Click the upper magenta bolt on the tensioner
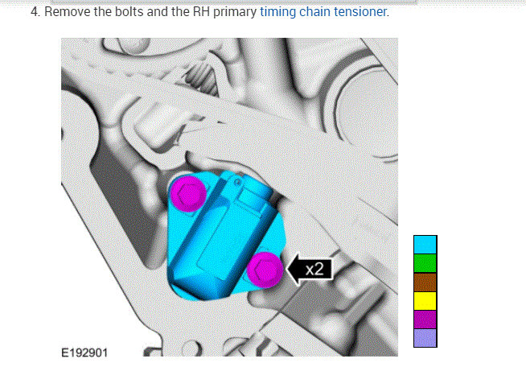pyautogui.click(x=188, y=194)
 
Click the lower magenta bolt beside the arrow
pyautogui.click(x=265, y=270)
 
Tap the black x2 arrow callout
pyautogui.click(x=310, y=269)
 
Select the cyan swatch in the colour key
pyautogui.click(x=425, y=245)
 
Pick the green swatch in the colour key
pyautogui.click(x=425, y=263)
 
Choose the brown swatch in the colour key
pyautogui.click(x=425, y=282)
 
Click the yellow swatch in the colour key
pyautogui.click(x=425, y=301)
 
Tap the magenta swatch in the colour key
pyautogui.click(x=425, y=320)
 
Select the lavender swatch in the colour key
pyautogui.click(x=425, y=338)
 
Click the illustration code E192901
pyautogui.click(x=84, y=353)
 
